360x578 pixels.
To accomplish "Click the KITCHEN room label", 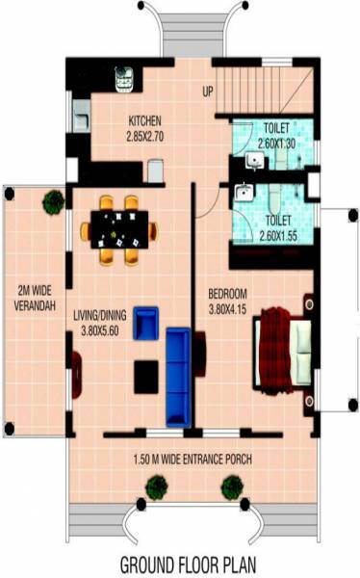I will pos(150,121).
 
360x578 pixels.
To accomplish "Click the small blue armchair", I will pos(144,323).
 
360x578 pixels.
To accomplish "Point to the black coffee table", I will pos(146,376).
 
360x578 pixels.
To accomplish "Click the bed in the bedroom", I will pos(283,347).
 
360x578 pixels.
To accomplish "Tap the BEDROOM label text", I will pos(229,293).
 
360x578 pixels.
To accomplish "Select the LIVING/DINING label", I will pos(113,313).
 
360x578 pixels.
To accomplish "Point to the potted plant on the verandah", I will pos(53,200).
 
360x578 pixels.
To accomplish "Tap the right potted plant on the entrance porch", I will pos(231,488).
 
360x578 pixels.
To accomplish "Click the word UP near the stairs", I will pos(208,92).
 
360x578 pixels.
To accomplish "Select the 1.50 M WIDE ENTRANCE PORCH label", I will pos(193,460).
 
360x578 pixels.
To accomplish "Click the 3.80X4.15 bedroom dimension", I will pos(229,308).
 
